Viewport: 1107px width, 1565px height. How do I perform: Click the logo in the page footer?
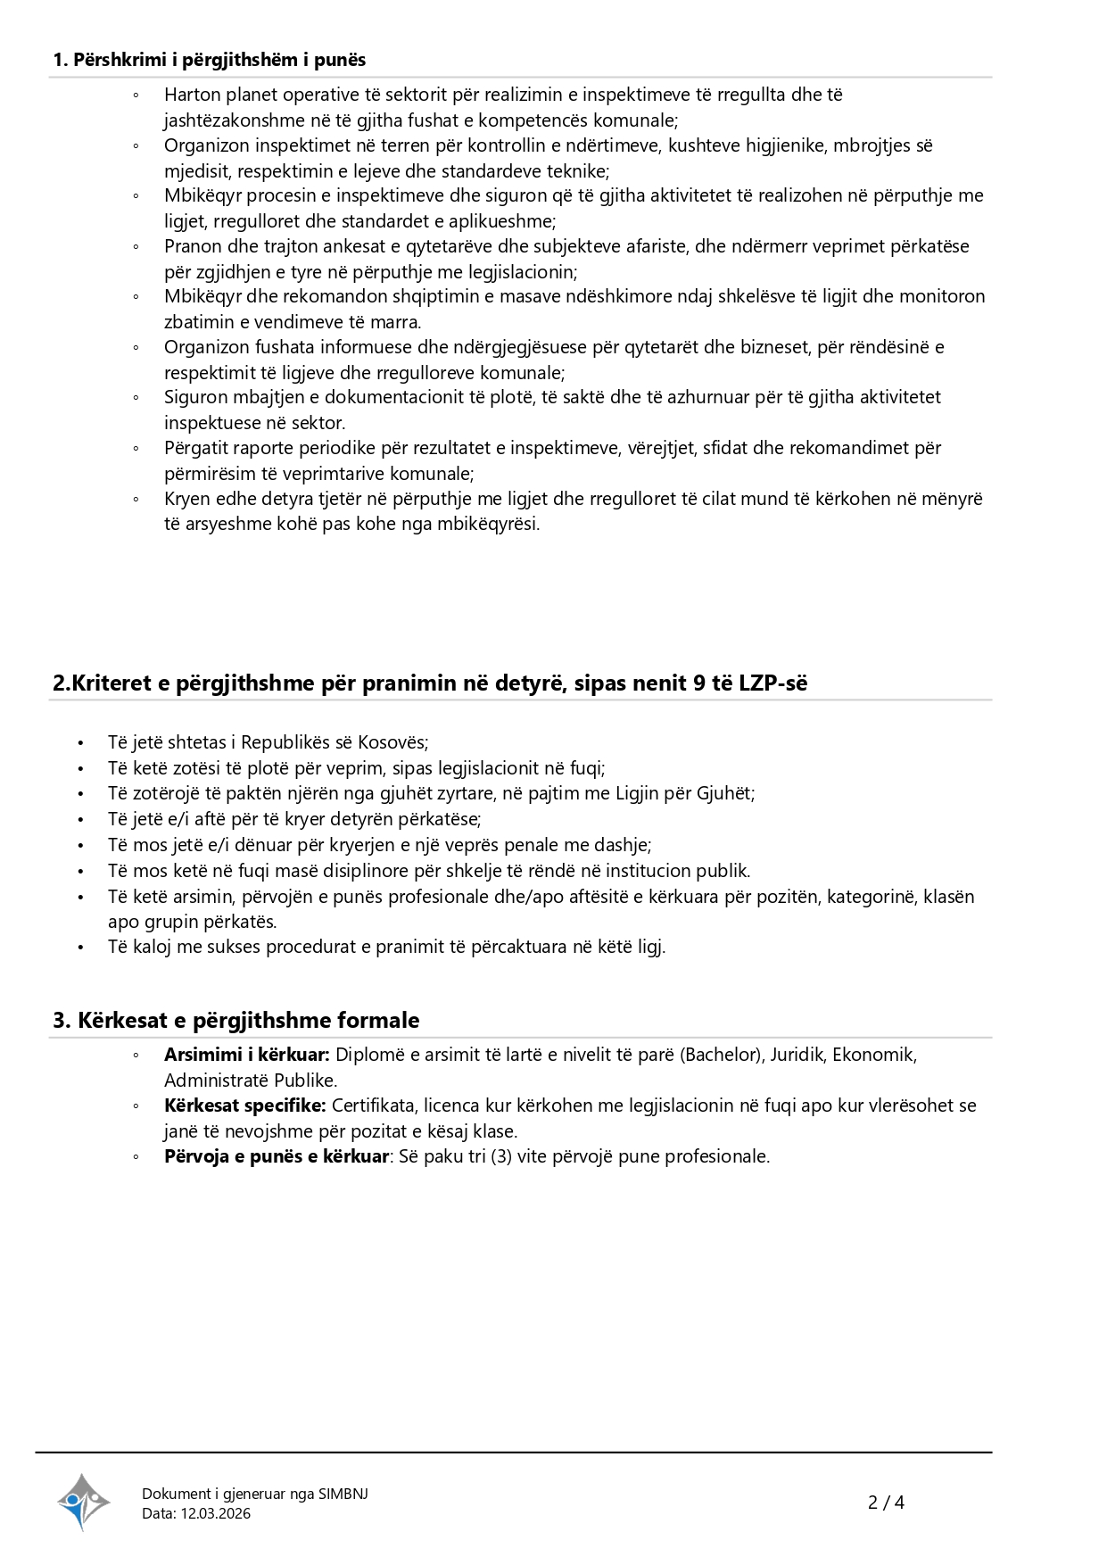(x=83, y=1503)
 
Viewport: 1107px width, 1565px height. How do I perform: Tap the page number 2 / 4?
(x=886, y=1503)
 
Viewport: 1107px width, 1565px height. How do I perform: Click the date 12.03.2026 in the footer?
(x=216, y=1513)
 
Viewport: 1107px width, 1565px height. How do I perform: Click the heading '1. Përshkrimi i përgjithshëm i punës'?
(x=210, y=60)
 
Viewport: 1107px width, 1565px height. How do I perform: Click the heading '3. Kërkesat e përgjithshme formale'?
(x=235, y=1020)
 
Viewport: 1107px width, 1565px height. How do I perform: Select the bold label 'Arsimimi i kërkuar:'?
(x=246, y=1055)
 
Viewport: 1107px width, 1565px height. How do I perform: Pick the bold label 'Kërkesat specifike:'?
(x=244, y=1105)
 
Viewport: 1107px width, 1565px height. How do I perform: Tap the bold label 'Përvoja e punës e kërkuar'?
(x=276, y=1156)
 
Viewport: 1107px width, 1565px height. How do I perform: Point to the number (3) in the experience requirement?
(x=501, y=1156)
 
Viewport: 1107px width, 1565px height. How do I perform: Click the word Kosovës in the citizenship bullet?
(x=392, y=742)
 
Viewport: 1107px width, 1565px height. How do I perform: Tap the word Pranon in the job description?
(x=192, y=246)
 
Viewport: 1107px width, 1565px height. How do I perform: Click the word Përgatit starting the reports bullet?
(x=194, y=448)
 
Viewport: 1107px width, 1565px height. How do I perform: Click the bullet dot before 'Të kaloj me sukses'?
(x=80, y=947)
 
